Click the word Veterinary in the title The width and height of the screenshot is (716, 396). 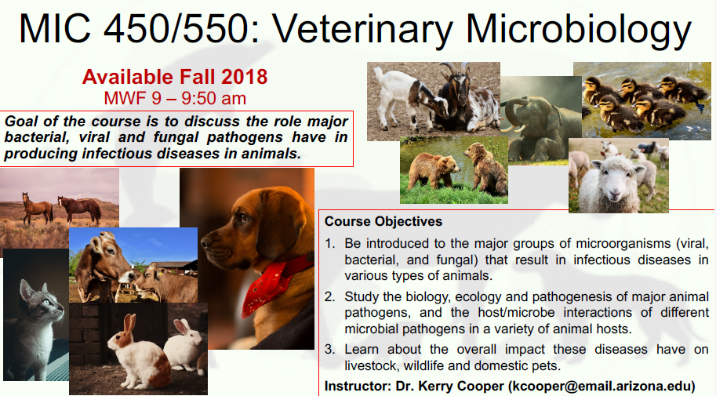pyautogui.click(x=363, y=29)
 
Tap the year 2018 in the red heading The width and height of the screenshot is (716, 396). pyautogui.click(x=245, y=77)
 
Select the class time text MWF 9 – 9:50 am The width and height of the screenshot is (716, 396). pyautogui.click(x=175, y=98)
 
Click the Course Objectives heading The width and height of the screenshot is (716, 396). pyautogui.click(x=383, y=221)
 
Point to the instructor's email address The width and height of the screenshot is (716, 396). pyautogui.click(x=602, y=387)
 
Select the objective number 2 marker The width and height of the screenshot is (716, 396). pyautogui.click(x=329, y=297)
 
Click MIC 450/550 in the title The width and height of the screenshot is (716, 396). pyautogui.click(x=133, y=29)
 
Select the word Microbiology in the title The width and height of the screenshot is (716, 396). pyautogui.click(x=579, y=29)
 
